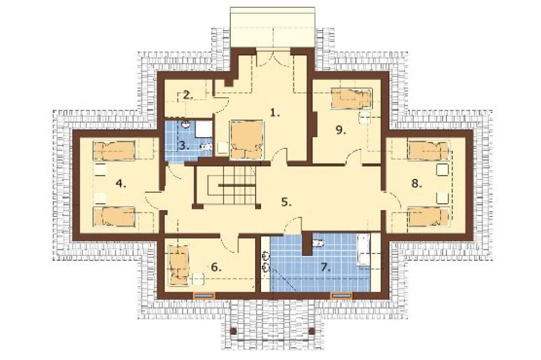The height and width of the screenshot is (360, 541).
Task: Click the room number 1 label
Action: (275, 113)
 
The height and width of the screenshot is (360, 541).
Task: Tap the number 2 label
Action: (188, 95)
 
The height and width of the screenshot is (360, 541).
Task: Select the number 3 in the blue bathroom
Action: (184, 146)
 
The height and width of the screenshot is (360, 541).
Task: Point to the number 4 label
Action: (121, 184)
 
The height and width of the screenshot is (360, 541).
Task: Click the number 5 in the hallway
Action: (286, 202)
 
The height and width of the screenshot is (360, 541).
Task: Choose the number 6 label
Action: (216, 267)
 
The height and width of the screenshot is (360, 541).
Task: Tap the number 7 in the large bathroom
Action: (326, 267)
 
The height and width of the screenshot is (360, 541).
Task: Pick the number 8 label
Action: (416, 184)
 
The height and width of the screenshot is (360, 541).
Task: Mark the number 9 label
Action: (341, 130)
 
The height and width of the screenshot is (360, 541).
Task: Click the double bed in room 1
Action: (247, 140)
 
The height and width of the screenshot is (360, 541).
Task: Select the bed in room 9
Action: (351, 99)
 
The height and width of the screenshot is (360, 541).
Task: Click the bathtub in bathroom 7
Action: (363, 250)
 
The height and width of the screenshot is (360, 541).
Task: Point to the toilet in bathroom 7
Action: (318, 243)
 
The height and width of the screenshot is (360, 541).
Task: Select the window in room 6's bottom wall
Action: (204, 296)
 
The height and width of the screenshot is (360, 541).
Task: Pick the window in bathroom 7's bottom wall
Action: (342, 296)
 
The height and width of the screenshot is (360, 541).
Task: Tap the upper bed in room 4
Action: (114, 150)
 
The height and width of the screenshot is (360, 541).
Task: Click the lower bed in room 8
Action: (428, 216)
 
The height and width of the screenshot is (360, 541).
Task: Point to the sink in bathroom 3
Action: (186, 124)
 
